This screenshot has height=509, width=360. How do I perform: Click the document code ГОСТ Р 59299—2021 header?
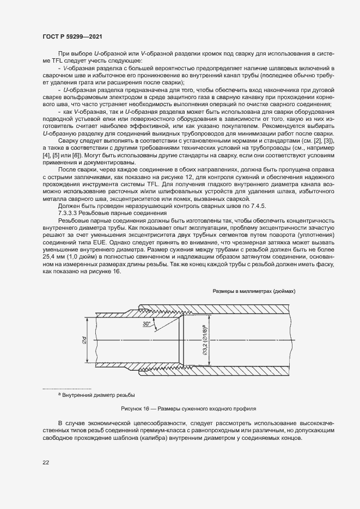coord(72,36)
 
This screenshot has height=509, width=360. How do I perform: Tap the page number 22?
coord(46,462)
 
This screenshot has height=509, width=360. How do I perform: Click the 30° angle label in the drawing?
coord(147,324)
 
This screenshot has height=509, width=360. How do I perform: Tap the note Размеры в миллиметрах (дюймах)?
coord(254,291)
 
